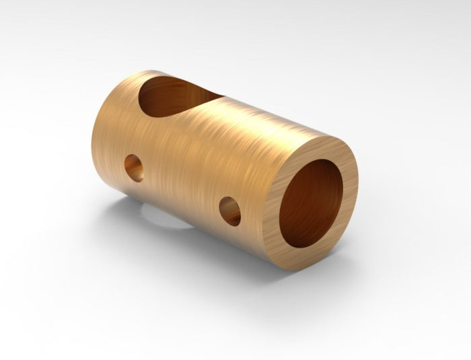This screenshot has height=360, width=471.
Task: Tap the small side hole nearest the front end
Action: pyautogui.click(x=230, y=210)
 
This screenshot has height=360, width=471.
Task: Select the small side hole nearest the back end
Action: pyautogui.click(x=134, y=167)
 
